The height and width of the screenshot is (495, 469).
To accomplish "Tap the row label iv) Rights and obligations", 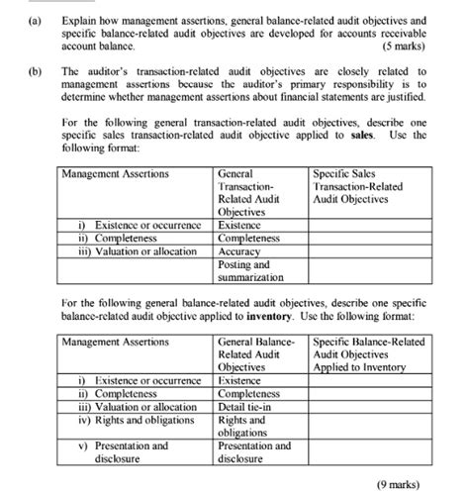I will click(x=137, y=420).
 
